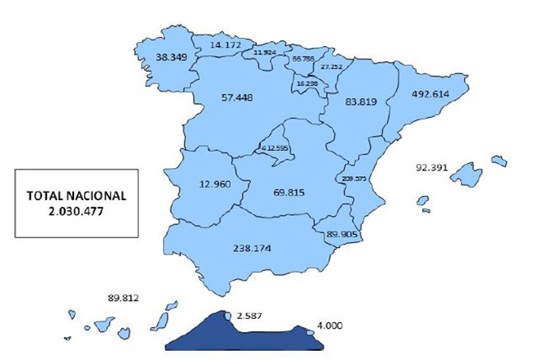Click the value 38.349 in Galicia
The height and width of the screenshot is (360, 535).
170,59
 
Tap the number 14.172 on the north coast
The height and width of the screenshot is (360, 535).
225,44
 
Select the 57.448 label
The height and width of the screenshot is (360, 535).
237,98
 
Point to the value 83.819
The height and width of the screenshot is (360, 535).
362,102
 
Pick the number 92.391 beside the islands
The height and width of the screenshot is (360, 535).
432,168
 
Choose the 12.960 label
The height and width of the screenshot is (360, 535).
215,185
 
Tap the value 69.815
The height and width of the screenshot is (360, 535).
288,193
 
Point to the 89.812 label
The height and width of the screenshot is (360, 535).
125,299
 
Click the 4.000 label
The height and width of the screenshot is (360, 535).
329,326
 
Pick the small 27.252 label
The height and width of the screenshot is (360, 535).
332,67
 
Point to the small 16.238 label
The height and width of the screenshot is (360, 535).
308,83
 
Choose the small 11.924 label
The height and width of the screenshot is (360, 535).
265,53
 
